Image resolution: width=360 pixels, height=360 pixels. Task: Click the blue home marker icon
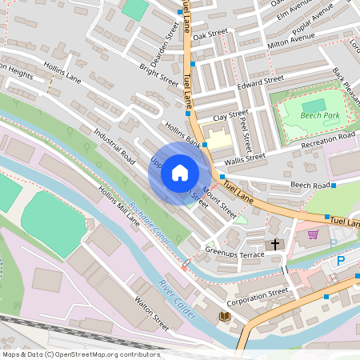click(180, 172)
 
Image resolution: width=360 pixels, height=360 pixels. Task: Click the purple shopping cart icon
click(313, 234)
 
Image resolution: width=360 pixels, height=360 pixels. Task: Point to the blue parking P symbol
click(341, 260)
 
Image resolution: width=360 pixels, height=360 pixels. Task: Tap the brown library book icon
click(225, 317)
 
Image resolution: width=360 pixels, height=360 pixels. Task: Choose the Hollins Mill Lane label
click(119, 206)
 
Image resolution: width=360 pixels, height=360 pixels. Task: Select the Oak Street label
click(210, 34)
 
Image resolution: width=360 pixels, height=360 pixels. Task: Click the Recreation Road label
click(328, 136)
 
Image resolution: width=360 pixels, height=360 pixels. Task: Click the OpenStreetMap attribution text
click(80, 354)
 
